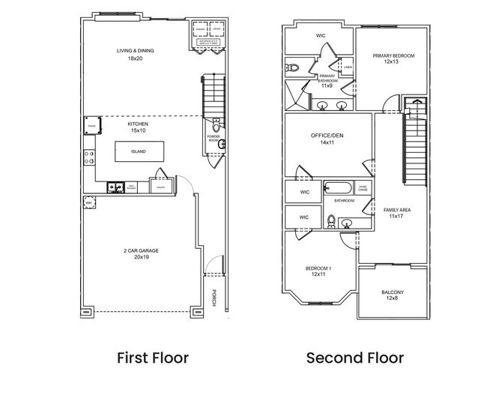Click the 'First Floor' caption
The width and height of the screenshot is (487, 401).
pos(153,358)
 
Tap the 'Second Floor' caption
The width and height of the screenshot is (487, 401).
pos(354,358)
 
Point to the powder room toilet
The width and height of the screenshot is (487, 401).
pos(216,124)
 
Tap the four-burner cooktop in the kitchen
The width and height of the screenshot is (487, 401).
pos(88,157)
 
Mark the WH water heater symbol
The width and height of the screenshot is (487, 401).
pos(88,202)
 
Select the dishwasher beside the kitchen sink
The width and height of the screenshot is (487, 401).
pos(132,187)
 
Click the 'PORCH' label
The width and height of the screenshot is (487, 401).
pos(214,298)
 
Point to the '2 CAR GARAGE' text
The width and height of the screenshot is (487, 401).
pos(141,250)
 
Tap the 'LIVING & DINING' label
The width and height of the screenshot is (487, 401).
pos(135,51)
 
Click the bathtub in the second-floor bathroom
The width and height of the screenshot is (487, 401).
pos(339,189)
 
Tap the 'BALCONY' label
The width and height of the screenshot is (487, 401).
pos(393,292)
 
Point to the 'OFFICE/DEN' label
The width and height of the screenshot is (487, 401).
pos(327,135)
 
